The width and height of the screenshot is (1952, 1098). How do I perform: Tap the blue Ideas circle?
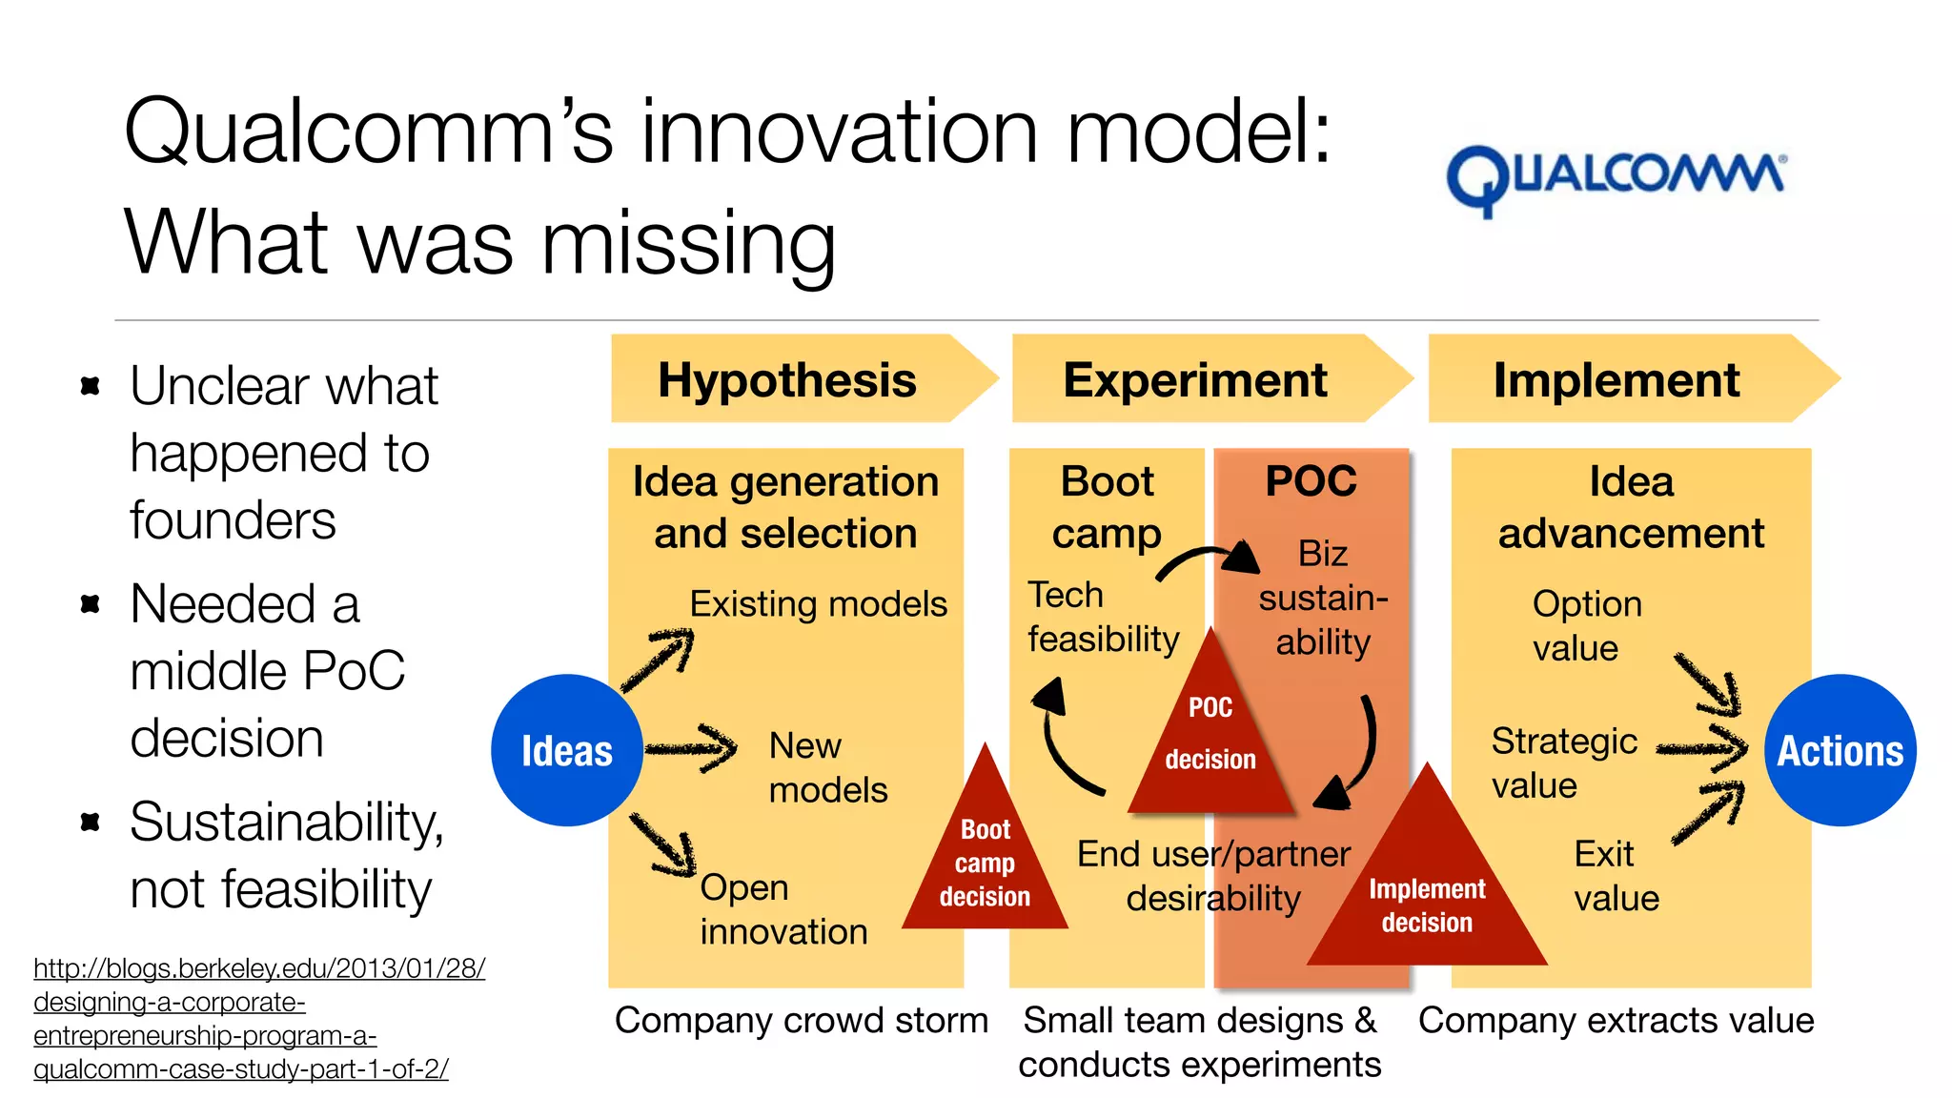[566, 750]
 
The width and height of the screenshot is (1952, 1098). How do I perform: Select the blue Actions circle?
[1840, 750]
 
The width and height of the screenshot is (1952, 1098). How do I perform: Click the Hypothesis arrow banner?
[791, 379]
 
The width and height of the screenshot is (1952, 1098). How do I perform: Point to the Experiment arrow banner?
[1196, 379]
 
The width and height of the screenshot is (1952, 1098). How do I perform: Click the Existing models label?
[818, 604]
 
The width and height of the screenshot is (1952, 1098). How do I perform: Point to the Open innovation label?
[783, 909]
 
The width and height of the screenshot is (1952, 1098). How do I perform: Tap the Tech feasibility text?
[1103, 617]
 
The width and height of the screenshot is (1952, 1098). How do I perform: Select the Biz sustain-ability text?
[1323, 598]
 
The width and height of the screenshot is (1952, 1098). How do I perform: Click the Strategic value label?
[1563, 762]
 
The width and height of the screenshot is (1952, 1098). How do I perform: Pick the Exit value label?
[1616, 875]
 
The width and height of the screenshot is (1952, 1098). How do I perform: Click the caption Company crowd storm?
[801, 1020]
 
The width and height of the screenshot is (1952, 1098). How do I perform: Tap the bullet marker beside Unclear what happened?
[91, 386]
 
